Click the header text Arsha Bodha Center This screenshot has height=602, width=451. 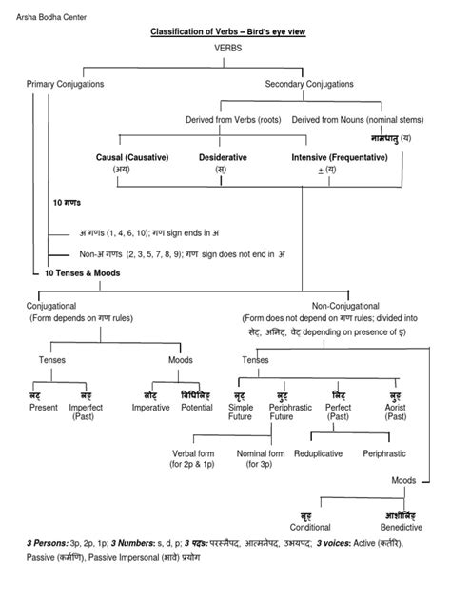[x=45, y=10]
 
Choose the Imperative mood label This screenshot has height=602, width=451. [x=150, y=407]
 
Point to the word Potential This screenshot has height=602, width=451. [x=197, y=407]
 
